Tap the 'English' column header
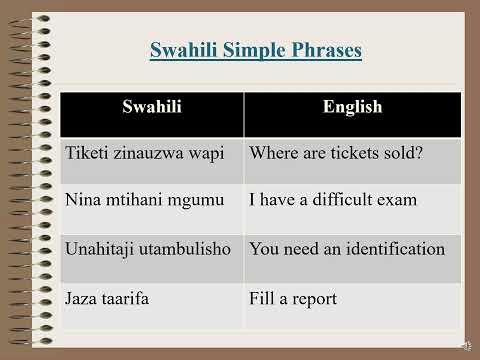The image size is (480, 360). [352, 109]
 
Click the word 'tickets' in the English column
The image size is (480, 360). [346, 155]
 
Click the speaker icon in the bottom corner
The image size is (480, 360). [467, 346]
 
